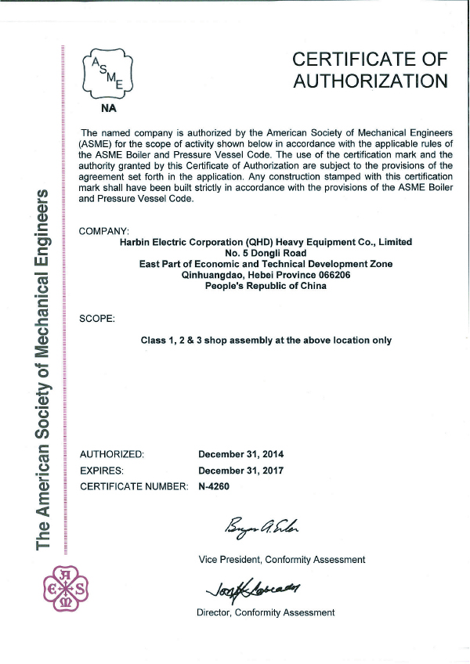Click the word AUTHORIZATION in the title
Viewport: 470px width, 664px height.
coord(370,81)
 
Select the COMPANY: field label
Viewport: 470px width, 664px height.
coord(104,231)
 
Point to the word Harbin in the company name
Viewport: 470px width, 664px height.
coord(135,243)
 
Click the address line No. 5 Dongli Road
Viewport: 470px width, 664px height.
coord(266,254)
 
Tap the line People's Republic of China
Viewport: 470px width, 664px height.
coord(266,287)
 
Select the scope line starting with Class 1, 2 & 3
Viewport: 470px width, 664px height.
coord(266,341)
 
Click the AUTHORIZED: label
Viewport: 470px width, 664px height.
coord(113,454)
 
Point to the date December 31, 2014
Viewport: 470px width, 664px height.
coord(241,454)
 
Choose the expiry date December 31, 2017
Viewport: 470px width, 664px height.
coord(241,471)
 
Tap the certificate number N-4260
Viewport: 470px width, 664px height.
coord(215,486)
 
